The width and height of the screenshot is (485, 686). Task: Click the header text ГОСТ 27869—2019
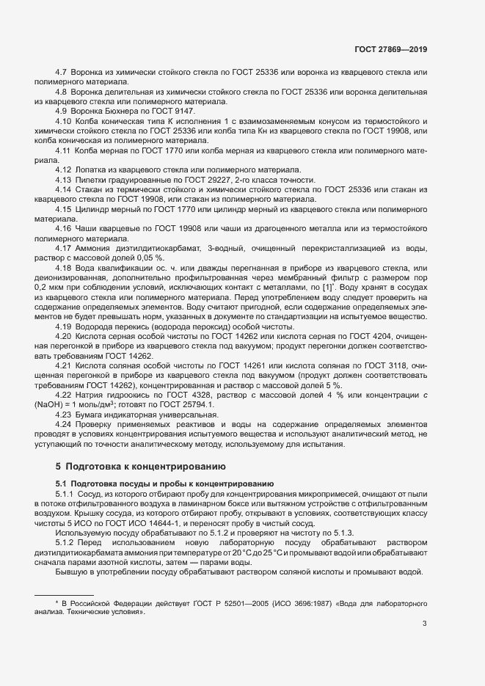coord(390,50)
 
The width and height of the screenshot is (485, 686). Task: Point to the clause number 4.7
coord(62,73)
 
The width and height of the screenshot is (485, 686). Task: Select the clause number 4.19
coord(64,326)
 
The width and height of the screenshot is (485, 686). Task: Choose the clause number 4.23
coord(64,415)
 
